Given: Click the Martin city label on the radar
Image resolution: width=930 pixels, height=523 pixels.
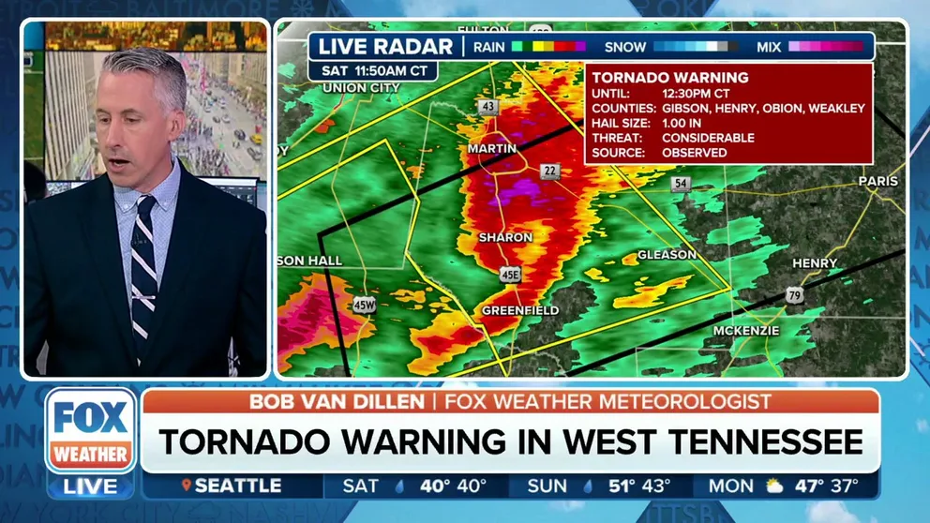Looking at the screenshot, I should point(492,149).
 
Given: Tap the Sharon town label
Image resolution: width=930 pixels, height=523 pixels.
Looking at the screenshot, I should point(505,238).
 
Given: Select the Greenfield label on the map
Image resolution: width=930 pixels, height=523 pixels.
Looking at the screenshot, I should point(520,310).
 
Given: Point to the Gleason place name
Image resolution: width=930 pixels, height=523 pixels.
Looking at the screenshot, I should point(667,255).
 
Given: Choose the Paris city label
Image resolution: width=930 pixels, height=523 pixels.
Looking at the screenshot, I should point(877,181).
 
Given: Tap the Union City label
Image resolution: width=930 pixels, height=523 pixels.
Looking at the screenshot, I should point(361,88).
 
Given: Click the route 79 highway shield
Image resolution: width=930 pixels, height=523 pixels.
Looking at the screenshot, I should point(795,296).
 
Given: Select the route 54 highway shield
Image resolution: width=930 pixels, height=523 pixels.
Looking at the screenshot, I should point(681,184).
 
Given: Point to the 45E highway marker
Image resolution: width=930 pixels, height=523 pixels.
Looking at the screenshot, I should point(510,275).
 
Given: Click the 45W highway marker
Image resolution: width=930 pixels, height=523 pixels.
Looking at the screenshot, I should point(365,305).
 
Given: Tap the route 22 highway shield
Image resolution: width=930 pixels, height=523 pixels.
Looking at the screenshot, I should point(549,170).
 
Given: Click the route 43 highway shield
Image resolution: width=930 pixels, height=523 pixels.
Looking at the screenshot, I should point(487,107).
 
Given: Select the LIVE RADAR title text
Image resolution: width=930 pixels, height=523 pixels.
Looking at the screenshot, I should point(385,46).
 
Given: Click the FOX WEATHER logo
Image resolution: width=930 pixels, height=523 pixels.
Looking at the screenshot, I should point(91,432).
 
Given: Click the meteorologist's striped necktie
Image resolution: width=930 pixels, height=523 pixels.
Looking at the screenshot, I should point(143,267).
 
